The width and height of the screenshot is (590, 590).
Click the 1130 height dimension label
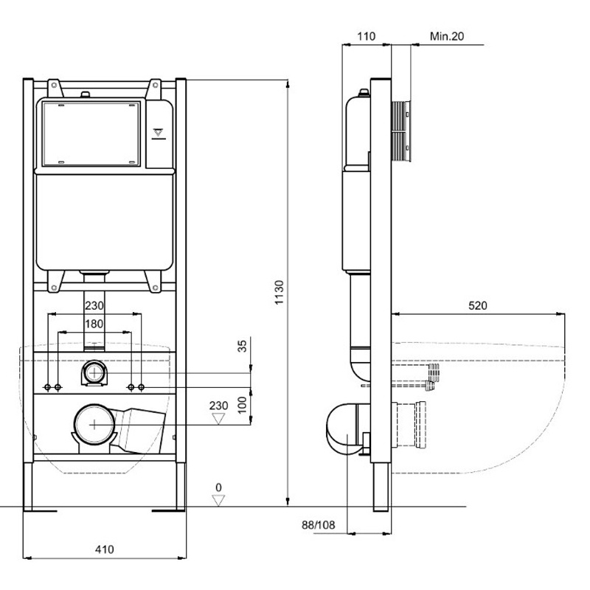[x=279, y=292]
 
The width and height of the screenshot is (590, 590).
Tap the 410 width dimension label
[x=104, y=549]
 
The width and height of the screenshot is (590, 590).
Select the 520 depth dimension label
[x=477, y=305]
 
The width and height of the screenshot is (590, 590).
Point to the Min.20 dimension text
[x=447, y=36]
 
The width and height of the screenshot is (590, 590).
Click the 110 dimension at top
[x=366, y=36]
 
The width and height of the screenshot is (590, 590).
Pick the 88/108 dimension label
[x=319, y=525]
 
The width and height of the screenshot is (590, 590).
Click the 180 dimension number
[x=94, y=324]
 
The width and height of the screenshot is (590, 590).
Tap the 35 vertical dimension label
[x=243, y=346]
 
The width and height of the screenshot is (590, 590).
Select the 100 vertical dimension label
[x=243, y=405]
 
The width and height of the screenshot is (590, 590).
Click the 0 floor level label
[x=218, y=487]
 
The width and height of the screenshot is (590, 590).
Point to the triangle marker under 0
[x=218, y=501]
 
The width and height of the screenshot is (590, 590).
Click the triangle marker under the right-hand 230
[x=218, y=419]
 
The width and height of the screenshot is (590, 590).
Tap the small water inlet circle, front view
[x=94, y=372]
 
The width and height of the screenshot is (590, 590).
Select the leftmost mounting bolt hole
[x=47, y=387]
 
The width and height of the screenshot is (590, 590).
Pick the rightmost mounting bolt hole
[x=142, y=387]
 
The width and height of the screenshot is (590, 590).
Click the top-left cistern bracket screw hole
[x=54, y=86]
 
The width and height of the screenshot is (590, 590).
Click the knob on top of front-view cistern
[x=86, y=94]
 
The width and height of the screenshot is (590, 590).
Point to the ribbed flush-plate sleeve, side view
[x=400, y=131]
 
